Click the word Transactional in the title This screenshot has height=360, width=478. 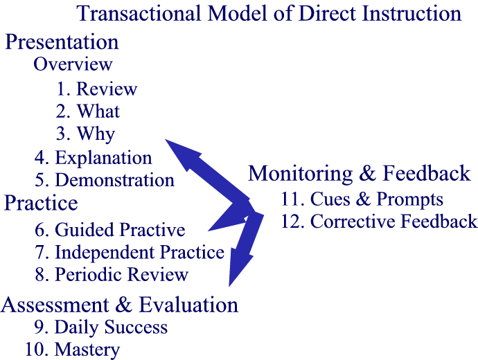coord(139,13)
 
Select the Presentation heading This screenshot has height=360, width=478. coord(62,42)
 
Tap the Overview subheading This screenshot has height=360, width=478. coord(73,64)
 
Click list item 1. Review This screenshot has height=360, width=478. coord(97,89)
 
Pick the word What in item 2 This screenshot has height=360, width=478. coord(98,111)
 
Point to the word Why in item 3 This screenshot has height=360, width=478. coord(96,134)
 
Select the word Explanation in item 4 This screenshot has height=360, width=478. coord(103,159)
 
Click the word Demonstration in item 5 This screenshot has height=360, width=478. coord(114,180)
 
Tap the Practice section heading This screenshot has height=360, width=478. coord(41,203)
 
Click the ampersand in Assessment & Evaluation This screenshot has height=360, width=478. coord(124,305)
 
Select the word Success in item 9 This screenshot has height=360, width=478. coord(136,327)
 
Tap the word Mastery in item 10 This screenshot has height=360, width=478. coord(87,350)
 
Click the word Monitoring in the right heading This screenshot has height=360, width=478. coord(300,174)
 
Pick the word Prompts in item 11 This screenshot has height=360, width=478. coord(409,200)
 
